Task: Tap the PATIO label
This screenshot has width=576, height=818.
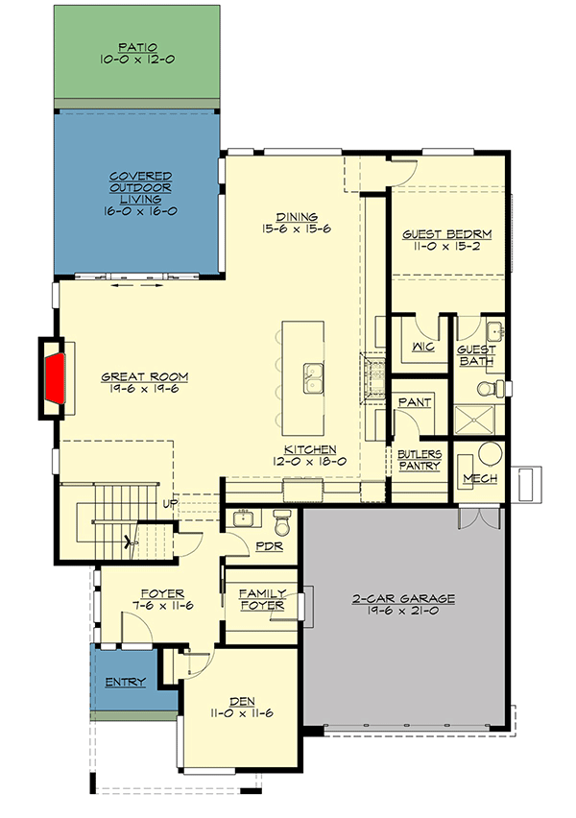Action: [x=139, y=46]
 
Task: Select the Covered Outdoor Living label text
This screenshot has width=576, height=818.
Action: [x=140, y=193]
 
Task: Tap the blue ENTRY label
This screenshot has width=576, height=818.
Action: [x=126, y=683]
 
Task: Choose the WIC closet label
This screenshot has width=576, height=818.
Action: [x=421, y=348]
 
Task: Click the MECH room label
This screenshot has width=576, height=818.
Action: [x=478, y=478]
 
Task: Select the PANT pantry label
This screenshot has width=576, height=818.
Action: [x=414, y=402]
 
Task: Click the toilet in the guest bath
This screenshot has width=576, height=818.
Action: [x=486, y=389]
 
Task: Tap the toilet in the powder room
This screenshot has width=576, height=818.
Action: [x=282, y=523]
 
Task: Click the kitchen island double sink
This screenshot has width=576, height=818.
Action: [x=313, y=377]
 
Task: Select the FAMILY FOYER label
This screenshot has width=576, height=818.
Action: [x=262, y=600]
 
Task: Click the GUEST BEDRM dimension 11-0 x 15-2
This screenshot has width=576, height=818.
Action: [x=446, y=247]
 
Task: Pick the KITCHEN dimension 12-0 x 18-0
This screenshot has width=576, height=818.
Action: [x=309, y=462]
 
